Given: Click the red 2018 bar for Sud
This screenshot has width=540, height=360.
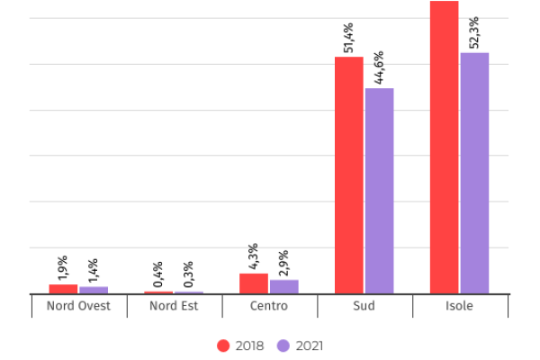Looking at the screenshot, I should pos(348,175).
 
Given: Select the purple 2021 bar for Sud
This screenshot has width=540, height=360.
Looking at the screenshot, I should pos(379,190).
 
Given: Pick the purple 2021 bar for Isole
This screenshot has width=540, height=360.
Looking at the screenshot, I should pos(474,173).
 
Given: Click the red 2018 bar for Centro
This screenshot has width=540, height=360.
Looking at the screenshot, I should pos(253,283).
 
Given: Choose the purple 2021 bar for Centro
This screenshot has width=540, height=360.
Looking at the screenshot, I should pos(283,286).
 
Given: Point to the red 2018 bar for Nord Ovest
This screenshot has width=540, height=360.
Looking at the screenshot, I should pos(63,289).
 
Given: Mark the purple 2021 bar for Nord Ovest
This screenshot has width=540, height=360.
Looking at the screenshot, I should pos(94,290).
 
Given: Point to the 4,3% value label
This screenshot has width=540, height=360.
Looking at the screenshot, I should pos(253,256).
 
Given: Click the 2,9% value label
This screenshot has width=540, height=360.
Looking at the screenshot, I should pos(283,262).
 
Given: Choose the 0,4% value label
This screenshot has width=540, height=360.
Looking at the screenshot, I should pos(158,274).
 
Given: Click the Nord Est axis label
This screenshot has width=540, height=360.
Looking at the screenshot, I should pos(174,306).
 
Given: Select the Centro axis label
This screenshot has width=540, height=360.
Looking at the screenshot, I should pos(269,306).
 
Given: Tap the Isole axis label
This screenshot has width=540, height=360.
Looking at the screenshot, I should pos(459,306).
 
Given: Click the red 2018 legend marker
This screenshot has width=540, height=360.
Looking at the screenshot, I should pos(224,346).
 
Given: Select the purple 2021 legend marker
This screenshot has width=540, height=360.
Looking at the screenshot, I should pos(283,346).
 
